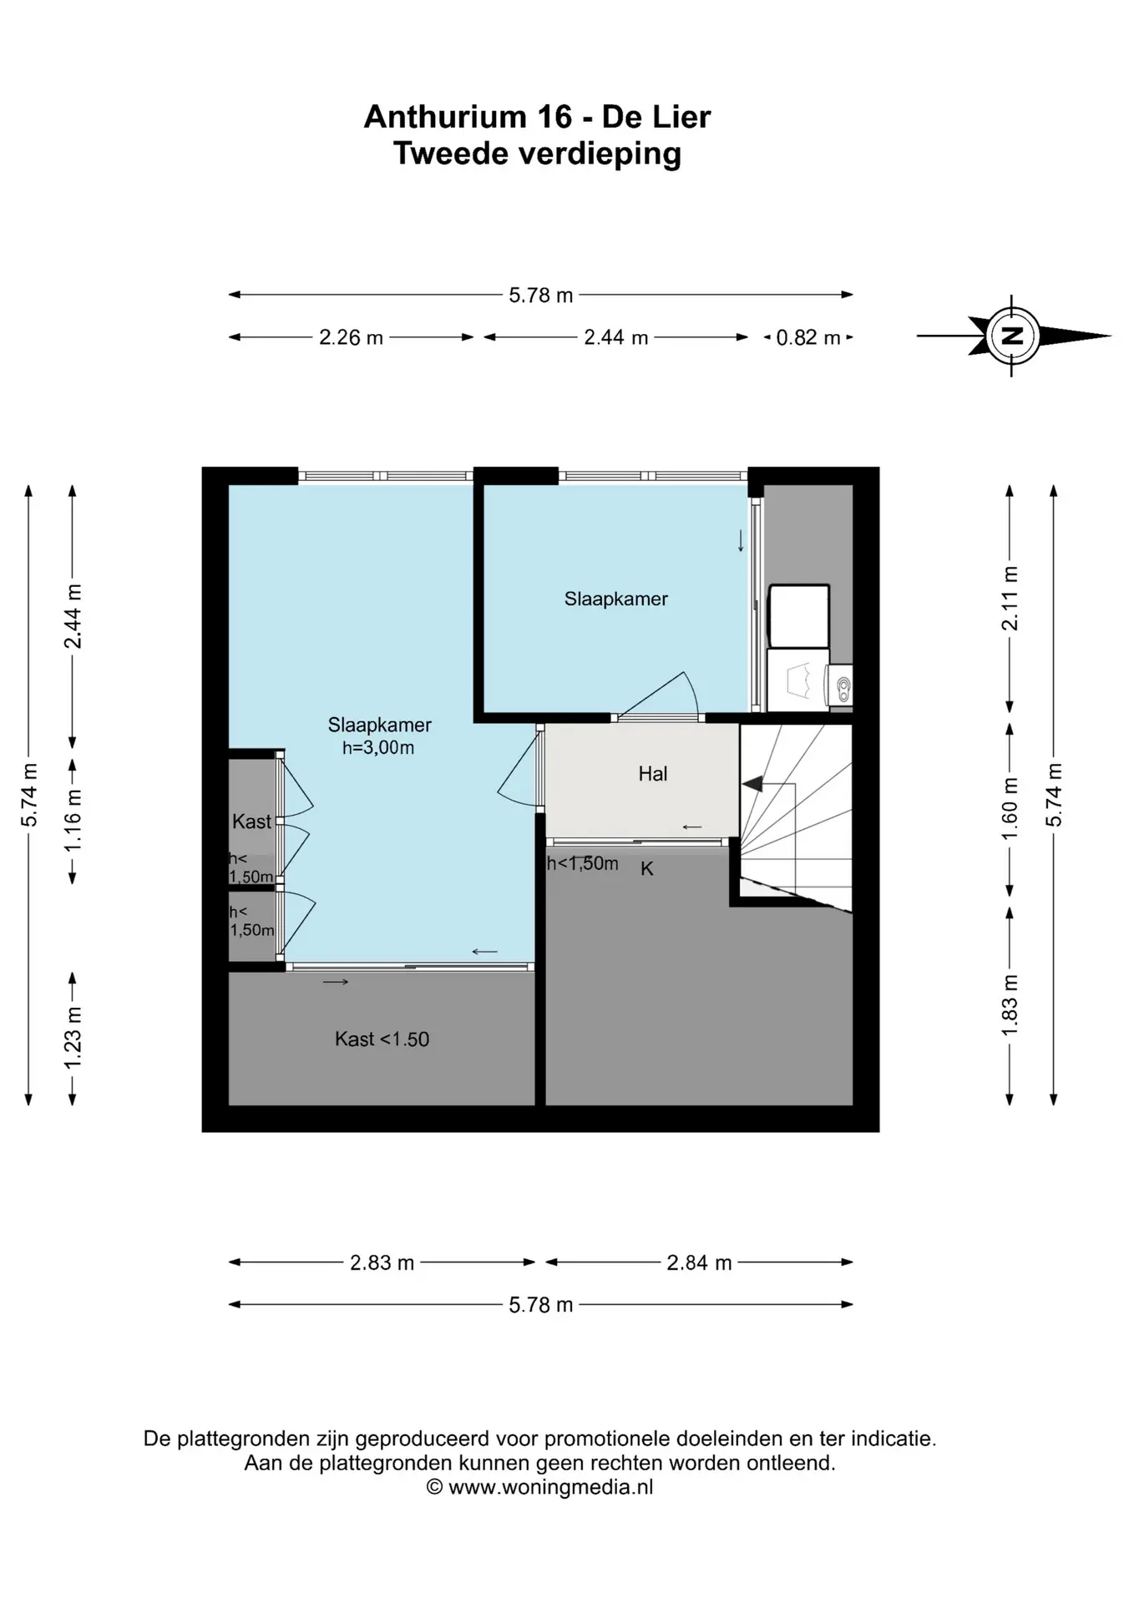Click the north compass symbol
tap(1013, 336)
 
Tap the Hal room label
tap(653, 774)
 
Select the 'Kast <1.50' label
tap(382, 1039)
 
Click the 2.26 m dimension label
tap(351, 337)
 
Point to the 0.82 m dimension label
tap(808, 337)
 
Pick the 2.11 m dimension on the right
tap(1010, 599)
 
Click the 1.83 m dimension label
tap(1010, 1005)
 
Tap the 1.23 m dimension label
tap(73, 1037)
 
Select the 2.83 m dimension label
tap(382, 1262)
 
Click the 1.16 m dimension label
tap(73, 820)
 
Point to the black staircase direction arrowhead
tap(752, 784)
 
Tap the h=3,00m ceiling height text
tap(378, 748)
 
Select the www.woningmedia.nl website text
tap(551, 1487)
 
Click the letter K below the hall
tap(647, 869)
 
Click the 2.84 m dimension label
tap(699, 1262)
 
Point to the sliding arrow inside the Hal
tap(692, 827)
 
